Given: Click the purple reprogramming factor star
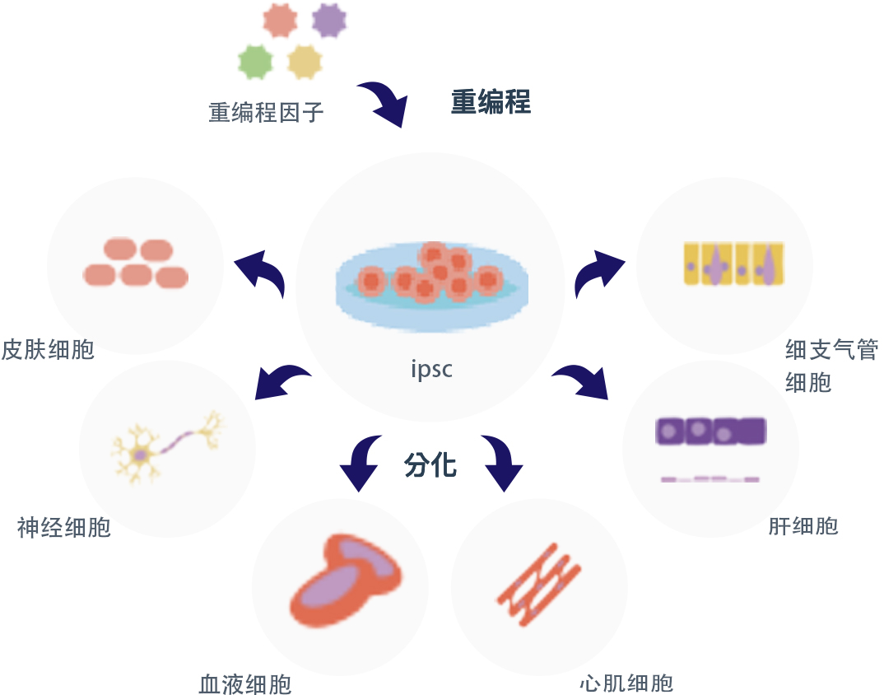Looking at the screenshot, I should tap(329, 20).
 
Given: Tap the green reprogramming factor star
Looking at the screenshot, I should tap(255, 61).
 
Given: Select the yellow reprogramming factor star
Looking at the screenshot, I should tap(304, 62).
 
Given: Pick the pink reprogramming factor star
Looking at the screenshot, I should tap(280, 21).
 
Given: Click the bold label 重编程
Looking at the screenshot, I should tap(491, 102).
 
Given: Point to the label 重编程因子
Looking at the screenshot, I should tap(266, 112).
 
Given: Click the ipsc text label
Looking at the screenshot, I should tap(431, 369).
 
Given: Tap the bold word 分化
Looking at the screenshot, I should tap(430, 465).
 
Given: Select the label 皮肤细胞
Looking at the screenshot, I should tap(48, 349).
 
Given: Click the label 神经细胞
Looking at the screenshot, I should tap(64, 527).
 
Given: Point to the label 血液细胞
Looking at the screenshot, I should tap(245, 684).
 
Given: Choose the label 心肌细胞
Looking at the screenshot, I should tap(626, 683).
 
